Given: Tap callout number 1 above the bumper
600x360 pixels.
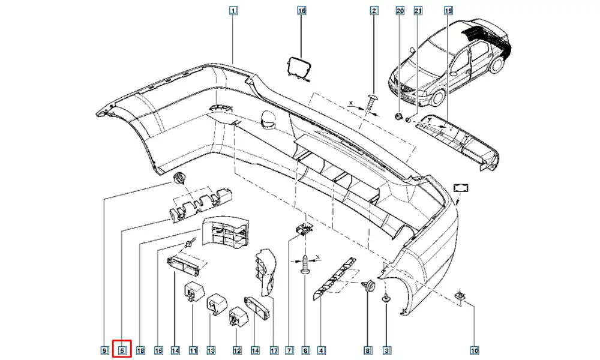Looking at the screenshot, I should (x=233, y=10).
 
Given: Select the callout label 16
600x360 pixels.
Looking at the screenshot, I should (x=302, y=10).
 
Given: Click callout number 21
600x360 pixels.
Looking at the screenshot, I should (x=418, y=10).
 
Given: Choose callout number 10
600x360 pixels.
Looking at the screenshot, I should (x=474, y=350).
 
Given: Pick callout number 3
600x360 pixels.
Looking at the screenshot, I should (x=387, y=350).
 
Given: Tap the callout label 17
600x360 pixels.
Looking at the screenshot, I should (x=274, y=350).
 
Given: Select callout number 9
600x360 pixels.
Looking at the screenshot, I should (x=104, y=350).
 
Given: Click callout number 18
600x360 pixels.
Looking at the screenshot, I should (x=141, y=350).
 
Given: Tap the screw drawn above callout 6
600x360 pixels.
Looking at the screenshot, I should (x=305, y=265).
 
